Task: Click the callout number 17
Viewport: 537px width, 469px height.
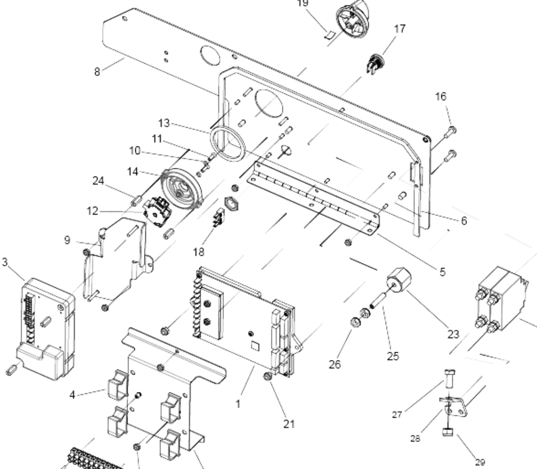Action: tap(400, 29)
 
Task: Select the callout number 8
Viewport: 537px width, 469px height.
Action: tap(97, 72)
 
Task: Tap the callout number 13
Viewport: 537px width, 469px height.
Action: tap(164, 123)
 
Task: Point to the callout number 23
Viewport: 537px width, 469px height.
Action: tap(453, 334)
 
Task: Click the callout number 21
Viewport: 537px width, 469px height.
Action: tap(289, 424)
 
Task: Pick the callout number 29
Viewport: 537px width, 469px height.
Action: tap(480, 462)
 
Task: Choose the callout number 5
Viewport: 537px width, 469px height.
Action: tap(442, 272)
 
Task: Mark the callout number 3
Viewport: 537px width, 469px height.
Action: tap(5, 262)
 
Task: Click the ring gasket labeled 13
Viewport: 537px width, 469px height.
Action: tap(227, 144)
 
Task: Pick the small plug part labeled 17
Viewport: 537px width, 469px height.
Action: tap(375, 64)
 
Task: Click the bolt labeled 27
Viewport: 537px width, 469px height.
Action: tap(449, 379)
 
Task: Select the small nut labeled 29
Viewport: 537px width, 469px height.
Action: tap(448, 432)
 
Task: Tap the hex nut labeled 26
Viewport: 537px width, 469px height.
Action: tap(355, 322)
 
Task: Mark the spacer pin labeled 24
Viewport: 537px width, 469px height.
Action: tap(136, 200)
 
